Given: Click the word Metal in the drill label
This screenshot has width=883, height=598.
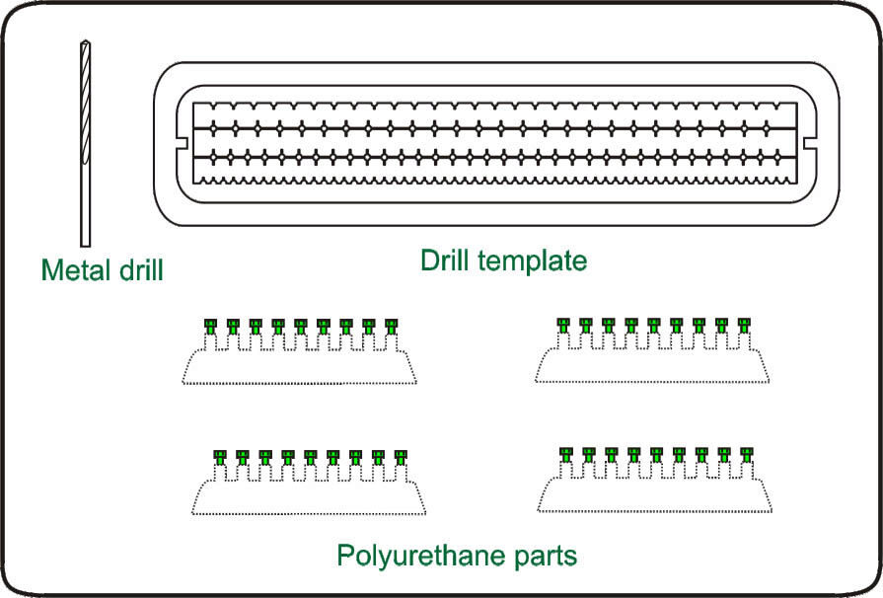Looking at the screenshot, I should click(75, 268).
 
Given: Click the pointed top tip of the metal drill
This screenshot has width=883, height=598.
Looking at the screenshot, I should click(84, 43).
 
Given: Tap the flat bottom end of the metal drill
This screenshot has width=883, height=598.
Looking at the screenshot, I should click(85, 244).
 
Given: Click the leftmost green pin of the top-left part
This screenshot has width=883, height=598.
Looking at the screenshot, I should click(209, 325).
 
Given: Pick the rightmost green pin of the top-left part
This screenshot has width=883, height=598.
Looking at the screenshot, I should click(391, 325).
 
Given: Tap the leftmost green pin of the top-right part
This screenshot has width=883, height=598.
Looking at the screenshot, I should click(563, 324).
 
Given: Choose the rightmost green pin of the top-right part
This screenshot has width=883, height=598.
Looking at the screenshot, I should click(745, 324).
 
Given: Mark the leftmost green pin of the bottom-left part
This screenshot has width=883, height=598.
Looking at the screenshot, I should click(219, 457).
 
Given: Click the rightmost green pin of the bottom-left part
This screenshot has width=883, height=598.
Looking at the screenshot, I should click(401, 457).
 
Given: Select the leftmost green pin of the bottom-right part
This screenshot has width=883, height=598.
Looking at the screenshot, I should click(565, 454).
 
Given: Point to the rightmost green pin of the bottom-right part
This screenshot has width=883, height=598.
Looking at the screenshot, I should click(747, 454).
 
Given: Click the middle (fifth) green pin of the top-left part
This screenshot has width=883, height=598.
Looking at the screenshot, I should click(300, 325).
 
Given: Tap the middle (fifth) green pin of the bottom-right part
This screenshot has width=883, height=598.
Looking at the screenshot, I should click(656, 454).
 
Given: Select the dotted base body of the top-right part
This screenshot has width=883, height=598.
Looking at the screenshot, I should click(652, 367).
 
